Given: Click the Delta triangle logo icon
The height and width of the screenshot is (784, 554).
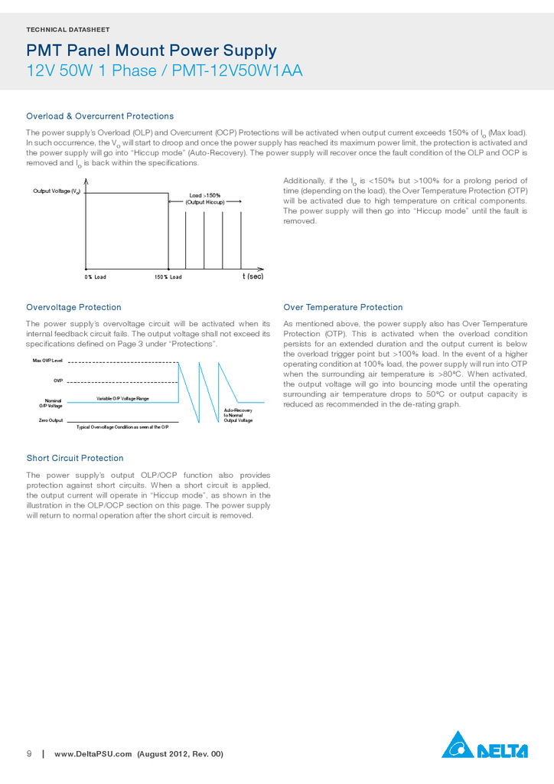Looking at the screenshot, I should [458, 745].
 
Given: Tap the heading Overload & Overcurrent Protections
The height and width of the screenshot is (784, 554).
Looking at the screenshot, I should [100, 116].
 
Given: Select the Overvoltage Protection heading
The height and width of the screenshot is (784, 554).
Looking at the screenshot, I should [73, 308].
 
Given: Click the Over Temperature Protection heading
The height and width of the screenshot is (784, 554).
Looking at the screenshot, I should [343, 308].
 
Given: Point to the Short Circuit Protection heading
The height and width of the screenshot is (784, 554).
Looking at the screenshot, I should [75, 459].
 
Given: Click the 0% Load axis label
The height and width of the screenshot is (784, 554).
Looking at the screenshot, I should [95, 276].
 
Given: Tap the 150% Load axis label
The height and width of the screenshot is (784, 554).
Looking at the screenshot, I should [168, 276].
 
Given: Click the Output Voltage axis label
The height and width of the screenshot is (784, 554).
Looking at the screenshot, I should [57, 191].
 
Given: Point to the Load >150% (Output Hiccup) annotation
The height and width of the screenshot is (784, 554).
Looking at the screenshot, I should [205, 198].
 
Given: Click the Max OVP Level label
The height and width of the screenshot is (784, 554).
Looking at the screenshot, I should [47, 360].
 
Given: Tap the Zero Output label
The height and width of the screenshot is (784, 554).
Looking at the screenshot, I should [51, 420].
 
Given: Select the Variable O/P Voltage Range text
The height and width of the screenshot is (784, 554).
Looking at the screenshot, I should [122, 399].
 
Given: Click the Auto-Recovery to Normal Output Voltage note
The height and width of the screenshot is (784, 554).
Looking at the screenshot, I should [238, 416].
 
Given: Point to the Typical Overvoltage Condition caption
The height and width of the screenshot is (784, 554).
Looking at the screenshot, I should [122, 426].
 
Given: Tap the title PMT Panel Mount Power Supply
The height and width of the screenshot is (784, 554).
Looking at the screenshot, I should [152, 51].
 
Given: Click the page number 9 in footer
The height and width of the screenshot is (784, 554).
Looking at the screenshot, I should [29, 754].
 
